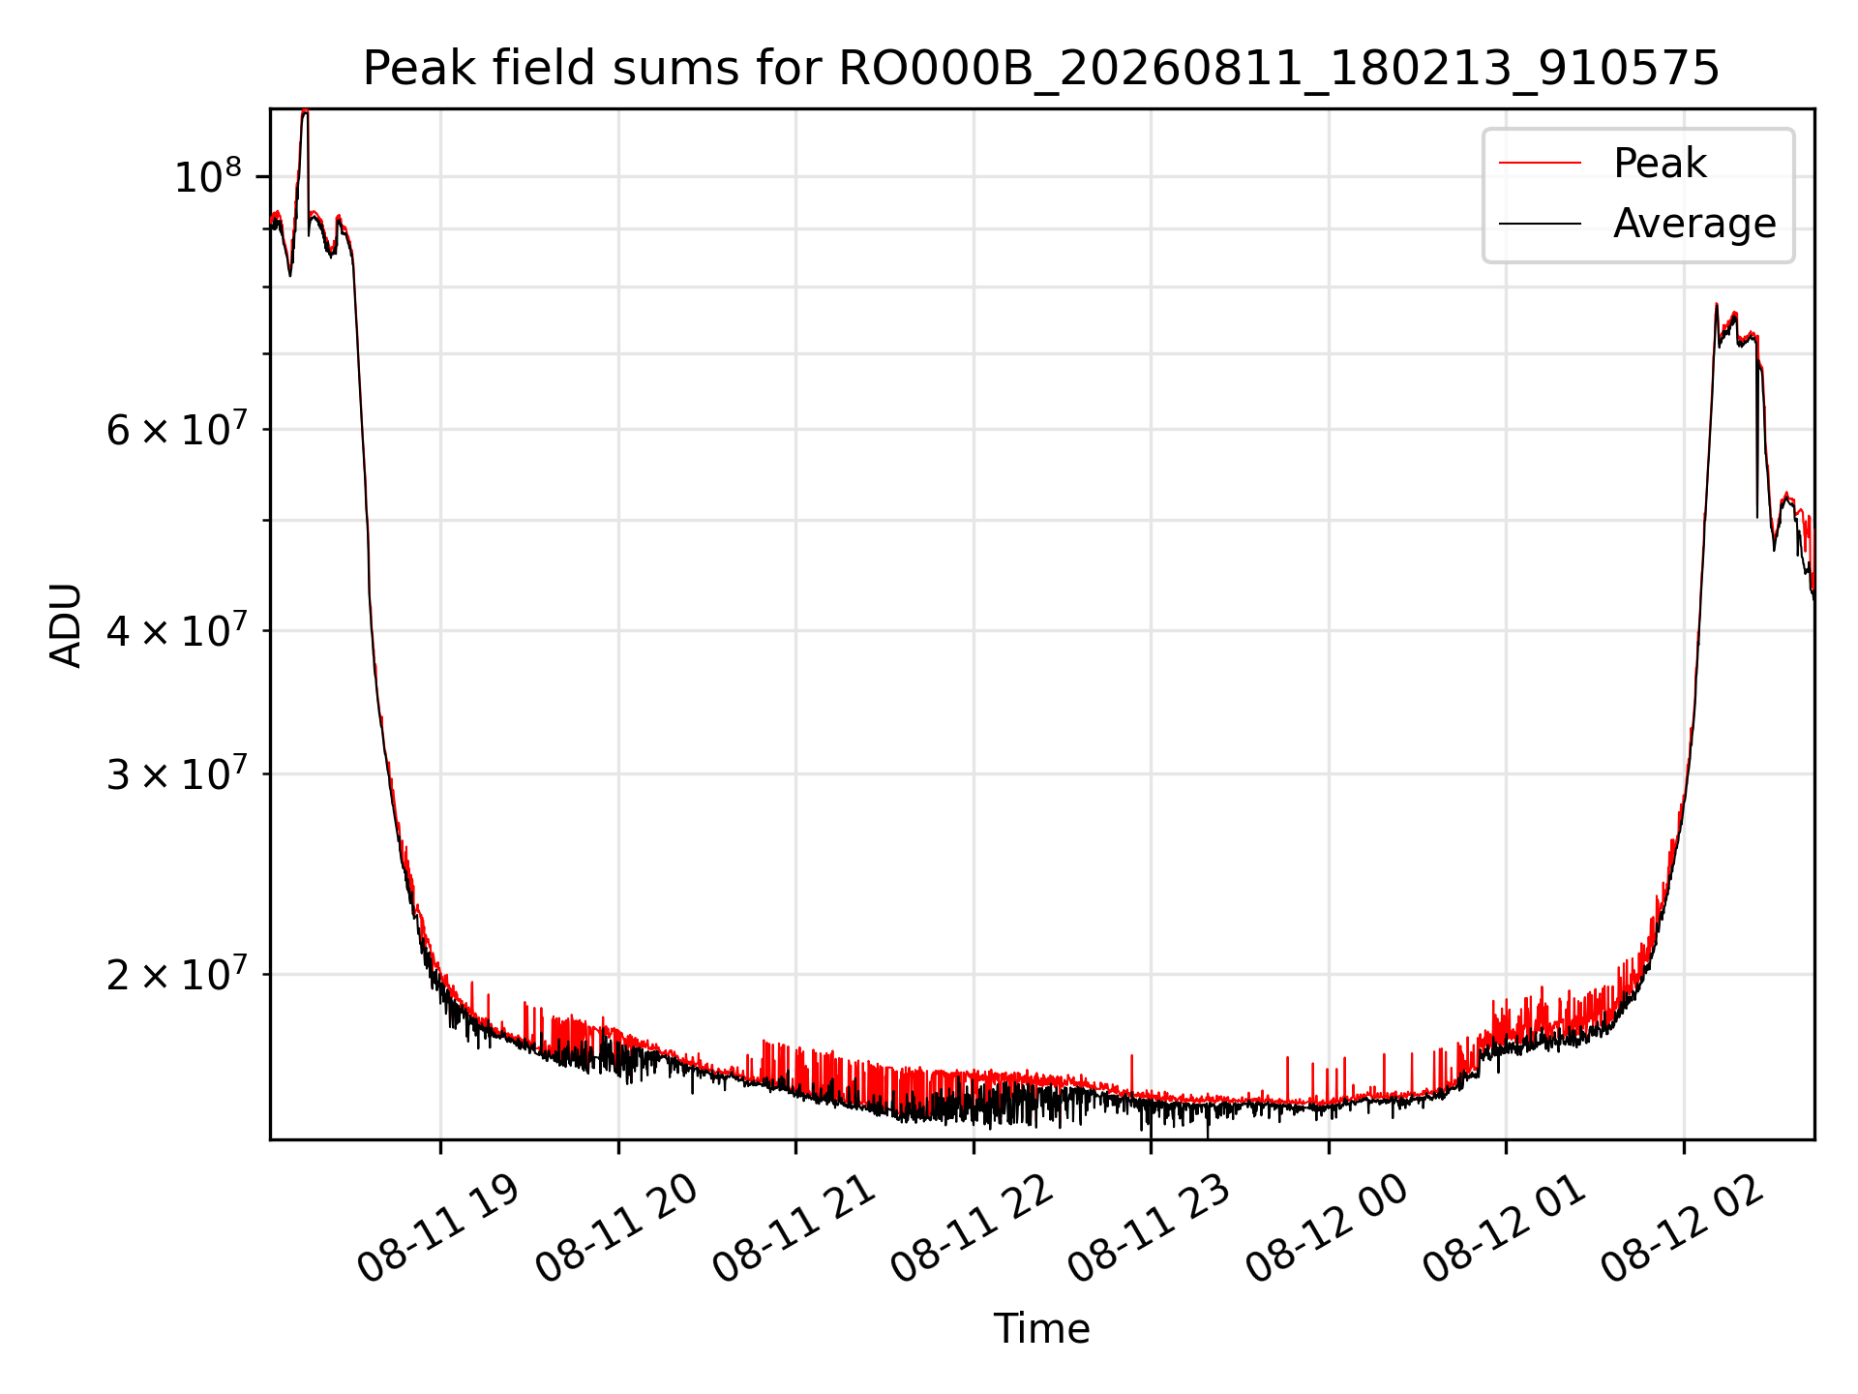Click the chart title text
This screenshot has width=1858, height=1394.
[1041, 69]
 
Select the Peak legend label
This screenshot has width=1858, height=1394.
[1660, 164]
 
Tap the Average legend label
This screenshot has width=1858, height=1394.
[1694, 224]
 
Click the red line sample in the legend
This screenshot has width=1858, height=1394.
[1541, 164]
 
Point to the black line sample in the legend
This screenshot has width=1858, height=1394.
[1541, 224]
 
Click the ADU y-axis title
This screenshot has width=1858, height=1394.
[66, 624]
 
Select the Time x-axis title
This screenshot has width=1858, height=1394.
[1041, 1329]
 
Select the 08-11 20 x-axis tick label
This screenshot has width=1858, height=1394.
[616, 1229]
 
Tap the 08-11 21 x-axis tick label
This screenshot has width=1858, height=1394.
[794, 1229]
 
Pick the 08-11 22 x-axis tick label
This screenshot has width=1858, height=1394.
[972, 1229]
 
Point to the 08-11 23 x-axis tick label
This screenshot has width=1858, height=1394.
[1150, 1229]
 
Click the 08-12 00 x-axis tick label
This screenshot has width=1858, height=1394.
[1327, 1229]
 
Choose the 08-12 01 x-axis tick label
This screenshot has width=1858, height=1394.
[1505, 1229]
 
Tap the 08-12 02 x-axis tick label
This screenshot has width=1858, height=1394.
[1682, 1229]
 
